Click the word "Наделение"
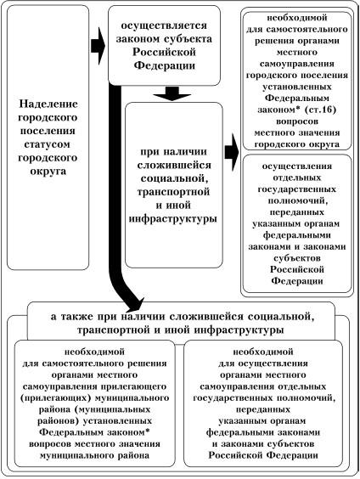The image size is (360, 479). (x=48, y=104)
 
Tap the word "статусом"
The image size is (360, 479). (x=47, y=144)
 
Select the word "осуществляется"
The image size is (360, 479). (x=164, y=25)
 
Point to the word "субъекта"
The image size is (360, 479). (x=188, y=39)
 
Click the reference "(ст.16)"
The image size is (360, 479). (x=320, y=110)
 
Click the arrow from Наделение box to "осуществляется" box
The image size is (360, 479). (x=98, y=47)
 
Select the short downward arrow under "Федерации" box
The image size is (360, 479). (x=172, y=93)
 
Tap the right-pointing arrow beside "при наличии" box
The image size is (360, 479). (x=232, y=152)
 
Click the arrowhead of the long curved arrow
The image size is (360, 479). (x=135, y=306)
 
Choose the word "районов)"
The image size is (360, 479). (x=59, y=421)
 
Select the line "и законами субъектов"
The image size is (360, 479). (x=263, y=444)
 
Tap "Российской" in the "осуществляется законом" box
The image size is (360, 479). (x=164, y=53)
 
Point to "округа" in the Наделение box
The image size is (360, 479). (x=48, y=171)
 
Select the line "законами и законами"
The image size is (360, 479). (x=297, y=246)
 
